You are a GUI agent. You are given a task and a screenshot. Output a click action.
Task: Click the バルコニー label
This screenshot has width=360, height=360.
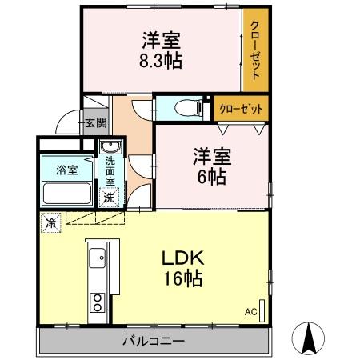coord(154,342)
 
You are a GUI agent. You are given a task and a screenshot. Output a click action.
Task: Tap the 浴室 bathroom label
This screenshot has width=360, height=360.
coord(66,170)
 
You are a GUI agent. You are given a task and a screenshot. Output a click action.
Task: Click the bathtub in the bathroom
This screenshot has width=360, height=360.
coord(67,194)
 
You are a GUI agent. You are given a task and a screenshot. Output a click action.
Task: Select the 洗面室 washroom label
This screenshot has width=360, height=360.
coord(110,170)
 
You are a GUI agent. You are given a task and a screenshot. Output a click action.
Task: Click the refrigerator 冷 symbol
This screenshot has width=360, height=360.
coord(50,222)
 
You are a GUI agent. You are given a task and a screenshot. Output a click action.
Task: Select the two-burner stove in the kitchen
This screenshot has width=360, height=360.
coord(98,302)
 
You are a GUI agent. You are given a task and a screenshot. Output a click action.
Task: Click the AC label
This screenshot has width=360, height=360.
coord(249,311)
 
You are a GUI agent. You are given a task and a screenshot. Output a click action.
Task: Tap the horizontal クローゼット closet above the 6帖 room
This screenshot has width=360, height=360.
coord(241,107)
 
